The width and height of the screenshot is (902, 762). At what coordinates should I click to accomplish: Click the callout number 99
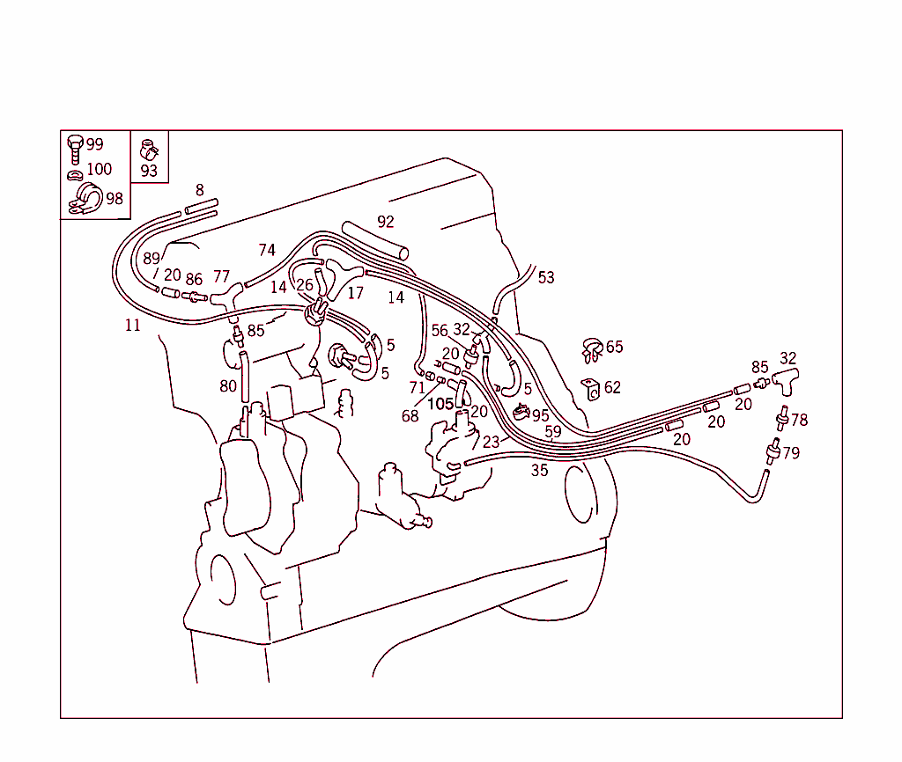(x=94, y=144)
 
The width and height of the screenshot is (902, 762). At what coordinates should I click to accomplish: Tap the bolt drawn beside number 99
(x=75, y=148)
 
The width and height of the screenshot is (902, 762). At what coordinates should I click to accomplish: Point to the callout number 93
(x=149, y=171)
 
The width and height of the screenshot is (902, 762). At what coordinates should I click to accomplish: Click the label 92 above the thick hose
(x=385, y=222)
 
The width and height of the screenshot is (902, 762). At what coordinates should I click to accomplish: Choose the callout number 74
(x=267, y=250)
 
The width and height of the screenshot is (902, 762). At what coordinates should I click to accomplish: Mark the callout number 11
(x=132, y=326)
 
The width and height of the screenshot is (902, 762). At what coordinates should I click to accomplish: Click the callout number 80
(x=228, y=385)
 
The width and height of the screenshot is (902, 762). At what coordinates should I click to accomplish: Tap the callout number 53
(x=546, y=277)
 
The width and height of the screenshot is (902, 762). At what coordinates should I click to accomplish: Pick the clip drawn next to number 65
(x=592, y=349)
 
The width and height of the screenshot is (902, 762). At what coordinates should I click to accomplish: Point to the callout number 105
(x=440, y=404)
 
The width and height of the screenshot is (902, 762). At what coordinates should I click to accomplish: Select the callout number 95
(x=540, y=415)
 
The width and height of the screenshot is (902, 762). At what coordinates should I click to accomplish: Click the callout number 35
(x=539, y=471)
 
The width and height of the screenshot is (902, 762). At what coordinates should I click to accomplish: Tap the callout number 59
(x=552, y=432)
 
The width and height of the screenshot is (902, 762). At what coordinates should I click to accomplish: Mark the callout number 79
(x=791, y=453)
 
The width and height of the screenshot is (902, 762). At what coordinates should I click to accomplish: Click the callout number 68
(x=410, y=416)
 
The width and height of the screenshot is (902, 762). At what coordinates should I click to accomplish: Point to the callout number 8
(x=200, y=190)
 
